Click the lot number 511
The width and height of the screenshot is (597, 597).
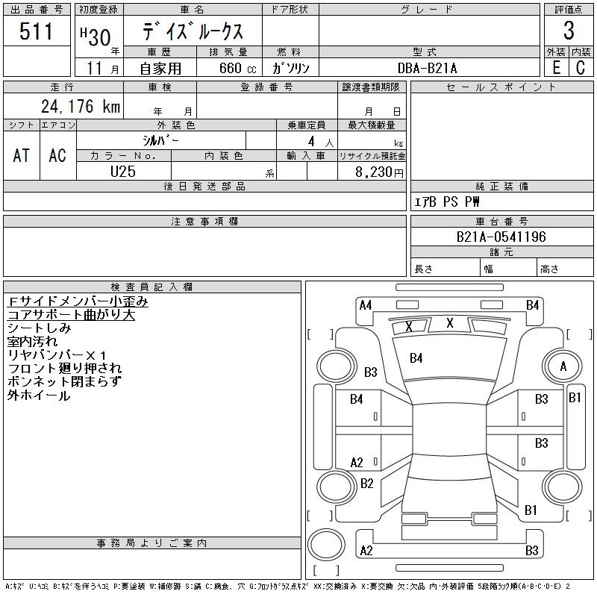pyautogui.click(x=37, y=31)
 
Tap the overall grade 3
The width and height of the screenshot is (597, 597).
pyautogui.click(x=569, y=31)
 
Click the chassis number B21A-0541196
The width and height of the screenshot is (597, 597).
pyautogui.click(x=501, y=237)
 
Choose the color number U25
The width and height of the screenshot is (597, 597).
pyautogui.click(x=124, y=171)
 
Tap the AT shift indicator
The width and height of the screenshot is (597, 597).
pyautogui.click(x=22, y=155)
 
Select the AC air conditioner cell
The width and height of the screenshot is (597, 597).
pyautogui.click(x=57, y=155)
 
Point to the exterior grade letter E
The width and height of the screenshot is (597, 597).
pyautogui.click(x=556, y=67)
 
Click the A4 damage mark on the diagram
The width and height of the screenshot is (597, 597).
pyautogui.click(x=366, y=305)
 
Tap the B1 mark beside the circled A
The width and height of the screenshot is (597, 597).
pyautogui.click(x=575, y=398)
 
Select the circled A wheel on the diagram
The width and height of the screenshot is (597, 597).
pyautogui.click(x=563, y=366)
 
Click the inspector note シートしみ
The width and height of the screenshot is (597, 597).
pyautogui.click(x=40, y=328)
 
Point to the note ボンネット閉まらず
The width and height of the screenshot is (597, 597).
pyautogui.click(x=64, y=381)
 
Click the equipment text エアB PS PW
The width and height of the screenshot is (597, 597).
pyautogui.click(x=447, y=201)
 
